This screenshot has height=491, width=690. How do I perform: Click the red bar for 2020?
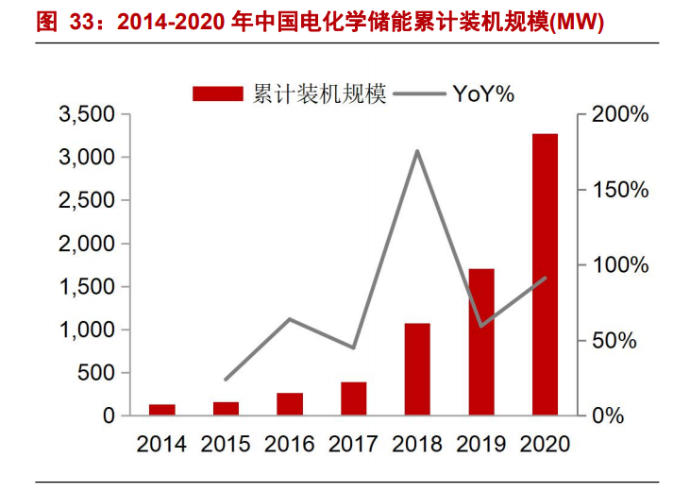[x=545, y=274]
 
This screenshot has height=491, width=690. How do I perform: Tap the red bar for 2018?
[x=416, y=369]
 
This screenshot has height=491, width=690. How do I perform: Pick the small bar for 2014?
[x=161, y=410]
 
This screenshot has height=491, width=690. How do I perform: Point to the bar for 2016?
[x=289, y=404]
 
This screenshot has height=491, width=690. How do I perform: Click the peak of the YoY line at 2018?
[x=416, y=151]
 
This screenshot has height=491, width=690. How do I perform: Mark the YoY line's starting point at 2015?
[x=226, y=380]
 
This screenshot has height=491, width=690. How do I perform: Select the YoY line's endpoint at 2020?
[x=545, y=278]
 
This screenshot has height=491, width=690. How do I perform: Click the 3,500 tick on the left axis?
[x=86, y=114]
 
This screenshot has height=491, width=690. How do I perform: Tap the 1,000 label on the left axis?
[x=86, y=330]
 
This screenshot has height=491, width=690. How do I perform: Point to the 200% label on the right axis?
[x=620, y=114]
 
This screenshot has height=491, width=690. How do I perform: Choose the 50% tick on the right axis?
[x=620, y=340]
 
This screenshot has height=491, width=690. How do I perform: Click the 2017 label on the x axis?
[x=353, y=443]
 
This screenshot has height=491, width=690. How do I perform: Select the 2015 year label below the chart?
[x=226, y=443]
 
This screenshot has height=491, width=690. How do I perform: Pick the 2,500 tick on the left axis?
[x=86, y=200]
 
